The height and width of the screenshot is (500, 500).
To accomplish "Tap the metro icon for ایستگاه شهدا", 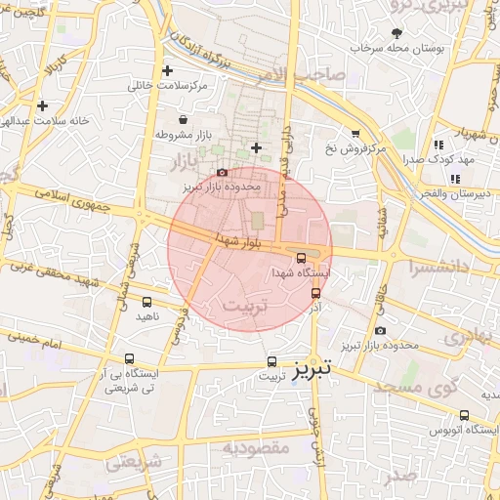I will click(x=301, y=259).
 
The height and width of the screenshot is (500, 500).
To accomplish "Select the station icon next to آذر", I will click(x=315, y=292).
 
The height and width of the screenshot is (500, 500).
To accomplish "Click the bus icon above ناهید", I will click(x=147, y=302).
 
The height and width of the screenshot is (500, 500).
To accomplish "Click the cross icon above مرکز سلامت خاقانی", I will click(x=168, y=70).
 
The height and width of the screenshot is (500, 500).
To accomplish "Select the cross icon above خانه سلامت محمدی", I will click(x=42, y=105).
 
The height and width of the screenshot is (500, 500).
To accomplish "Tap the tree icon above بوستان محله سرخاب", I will click(x=396, y=33).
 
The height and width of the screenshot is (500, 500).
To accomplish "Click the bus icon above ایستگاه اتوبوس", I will click(x=465, y=415).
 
